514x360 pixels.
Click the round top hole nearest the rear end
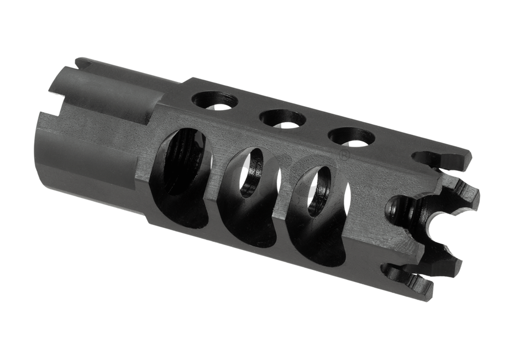click(x=215, y=101)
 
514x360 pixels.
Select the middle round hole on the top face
click(x=282, y=118)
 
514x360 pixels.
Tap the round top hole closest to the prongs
click(x=352, y=136)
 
